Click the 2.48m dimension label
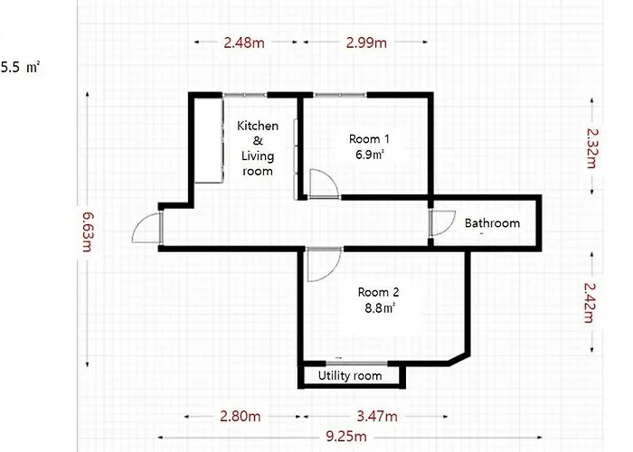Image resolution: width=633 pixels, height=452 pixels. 244,42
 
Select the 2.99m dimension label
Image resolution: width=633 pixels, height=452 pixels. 366,42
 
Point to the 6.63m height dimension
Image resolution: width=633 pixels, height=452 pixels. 88,231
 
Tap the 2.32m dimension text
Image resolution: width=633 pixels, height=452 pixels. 591,148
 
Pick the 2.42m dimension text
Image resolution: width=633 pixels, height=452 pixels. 590,302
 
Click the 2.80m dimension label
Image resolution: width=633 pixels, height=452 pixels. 241,416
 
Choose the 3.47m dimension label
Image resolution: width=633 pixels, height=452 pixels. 377,416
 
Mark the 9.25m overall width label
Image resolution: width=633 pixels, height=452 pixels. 346,437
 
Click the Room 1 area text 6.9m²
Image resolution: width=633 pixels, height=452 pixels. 370,155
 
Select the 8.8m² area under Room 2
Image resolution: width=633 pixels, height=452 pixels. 380,308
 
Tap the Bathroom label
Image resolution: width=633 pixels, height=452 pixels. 492,223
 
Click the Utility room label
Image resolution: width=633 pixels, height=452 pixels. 350,376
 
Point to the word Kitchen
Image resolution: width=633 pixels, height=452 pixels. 258,126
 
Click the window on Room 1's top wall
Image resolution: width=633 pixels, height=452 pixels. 340,95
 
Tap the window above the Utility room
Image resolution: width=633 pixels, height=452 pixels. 357,363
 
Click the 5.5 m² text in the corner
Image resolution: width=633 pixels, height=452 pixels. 20,67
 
